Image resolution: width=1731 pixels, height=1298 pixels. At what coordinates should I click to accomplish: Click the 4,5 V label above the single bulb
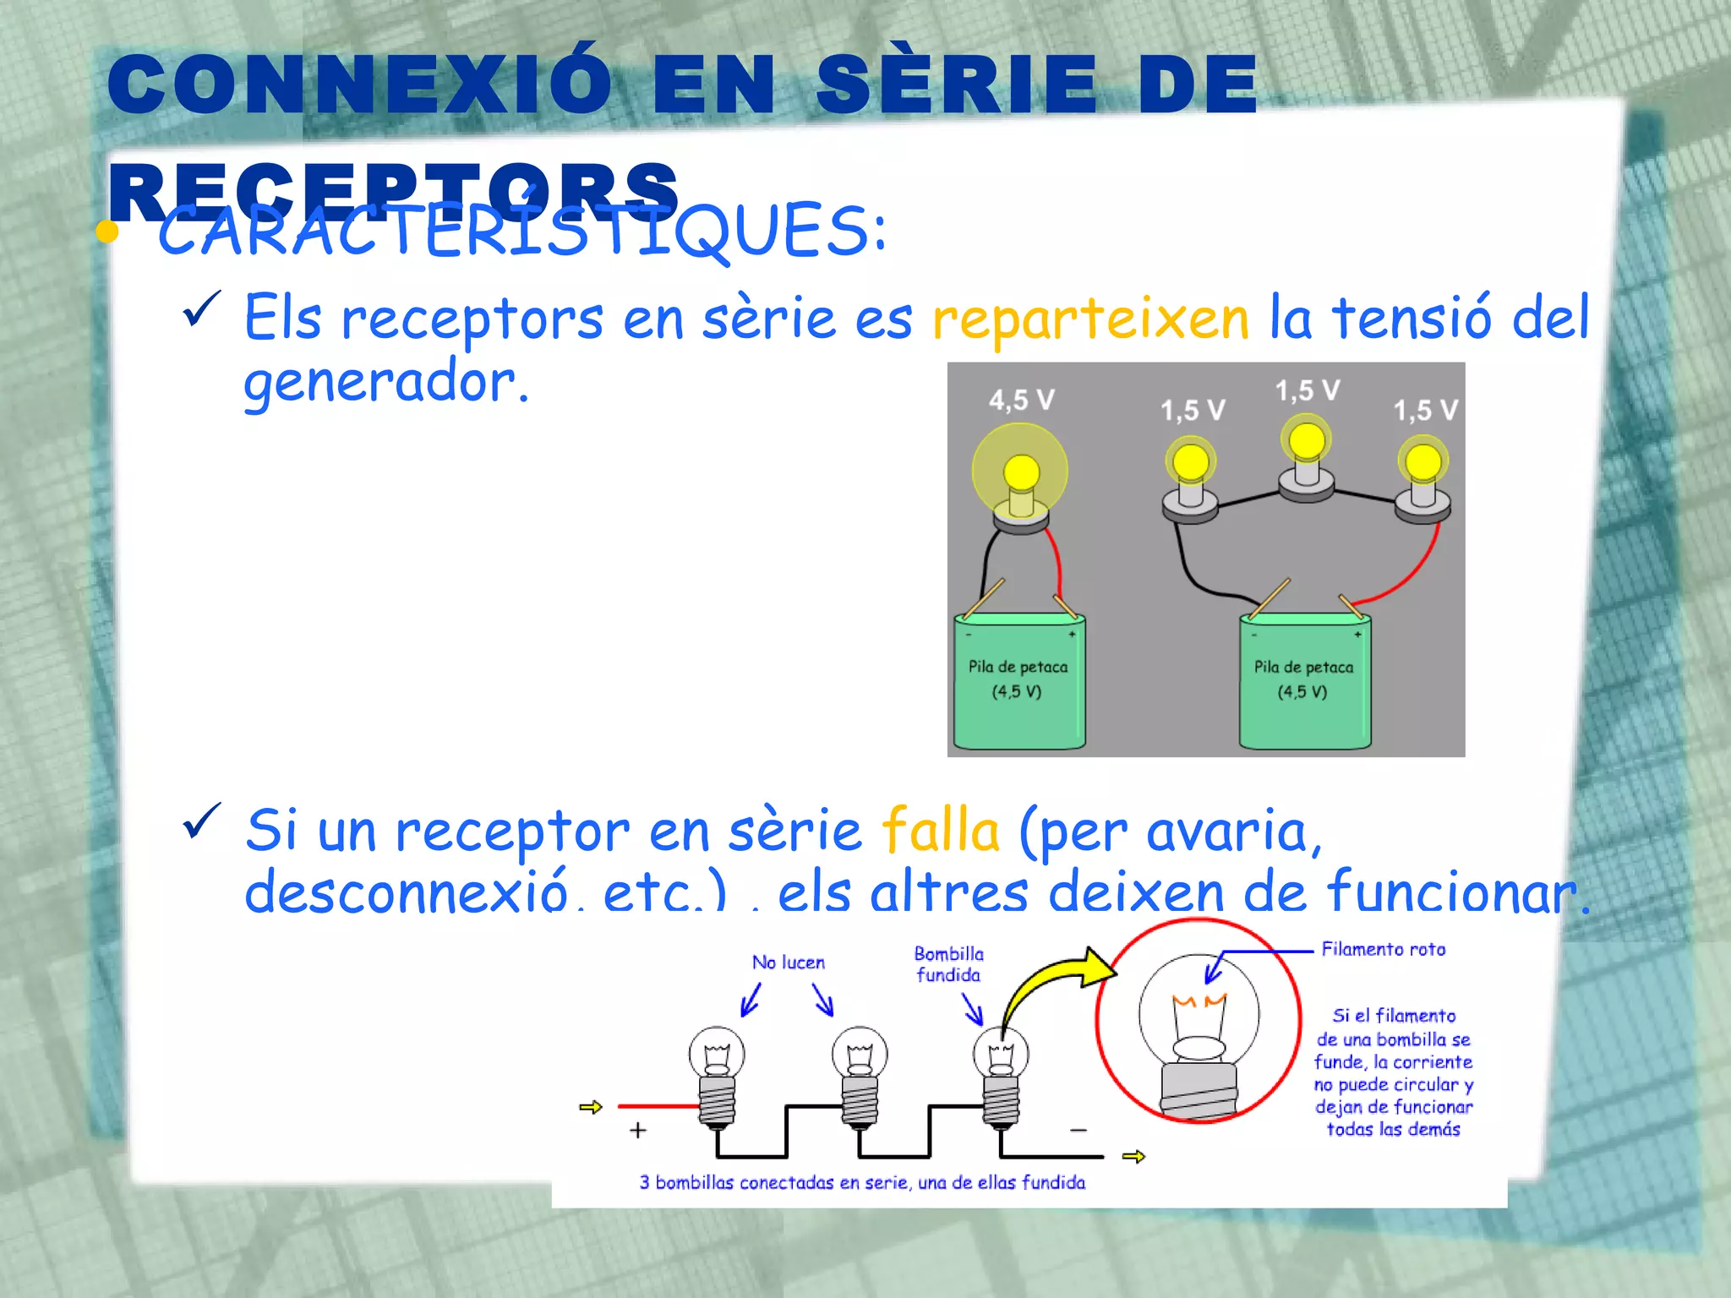[1022, 400]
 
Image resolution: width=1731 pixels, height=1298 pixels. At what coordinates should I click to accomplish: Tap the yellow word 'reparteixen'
[1090, 319]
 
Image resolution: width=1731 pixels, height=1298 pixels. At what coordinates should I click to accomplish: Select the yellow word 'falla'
[941, 831]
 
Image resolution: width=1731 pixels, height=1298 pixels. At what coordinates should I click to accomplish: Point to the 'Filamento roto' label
[1384, 950]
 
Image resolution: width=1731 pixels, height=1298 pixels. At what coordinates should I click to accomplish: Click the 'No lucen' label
[789, 963]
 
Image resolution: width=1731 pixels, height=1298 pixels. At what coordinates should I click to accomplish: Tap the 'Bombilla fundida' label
[949, 964]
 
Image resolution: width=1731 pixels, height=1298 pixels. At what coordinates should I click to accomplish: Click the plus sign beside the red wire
[638, 1130]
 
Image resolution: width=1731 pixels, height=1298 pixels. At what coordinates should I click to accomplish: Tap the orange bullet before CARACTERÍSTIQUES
[107, 232]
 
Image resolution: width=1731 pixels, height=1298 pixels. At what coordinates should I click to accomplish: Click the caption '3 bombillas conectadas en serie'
[862, 1183]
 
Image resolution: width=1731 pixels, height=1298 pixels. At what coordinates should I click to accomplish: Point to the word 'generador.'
[385, 383]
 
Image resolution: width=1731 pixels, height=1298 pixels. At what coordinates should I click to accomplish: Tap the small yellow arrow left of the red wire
[591, 1107]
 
